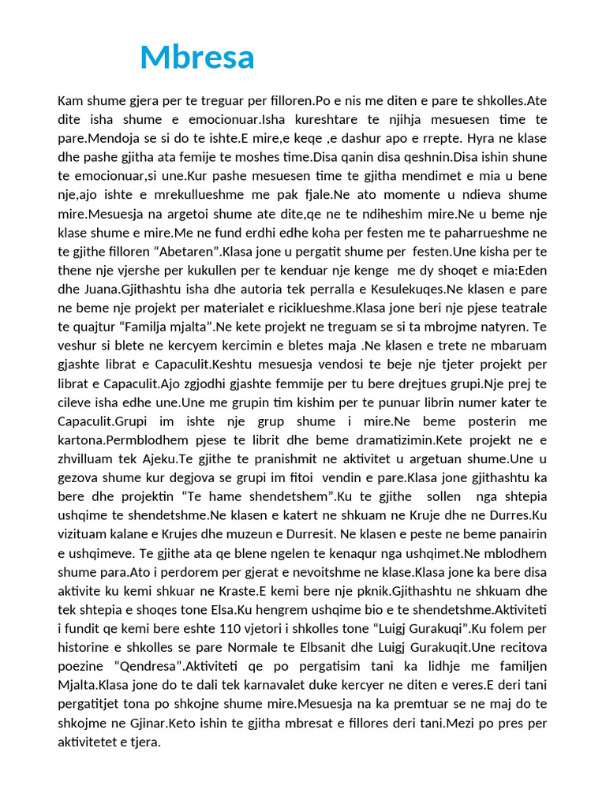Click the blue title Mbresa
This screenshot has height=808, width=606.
point(197,57)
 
